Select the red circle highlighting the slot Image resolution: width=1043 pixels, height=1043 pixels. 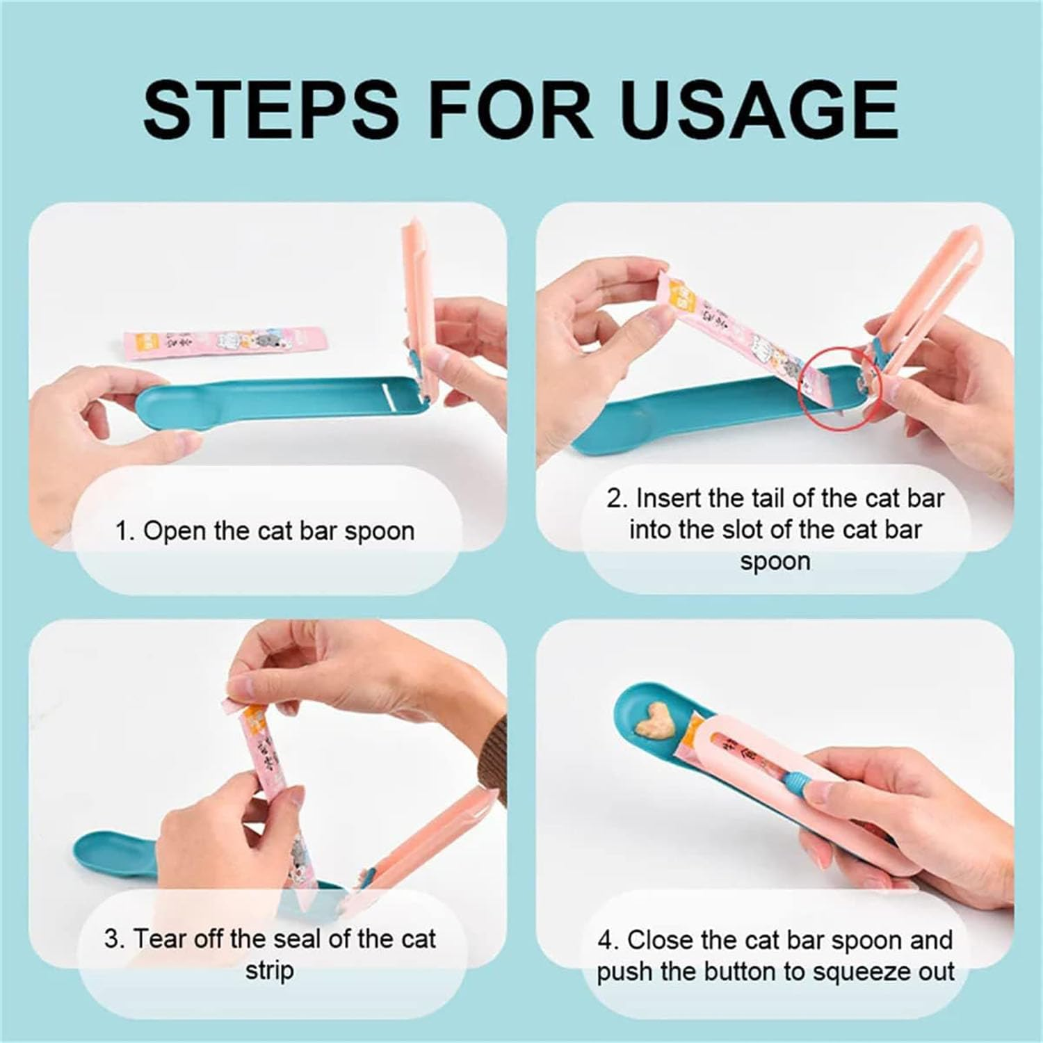click(839, 387)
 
